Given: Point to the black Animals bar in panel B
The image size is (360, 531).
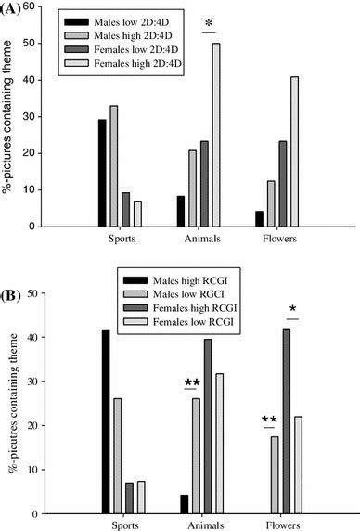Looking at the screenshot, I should (x=184, y=504).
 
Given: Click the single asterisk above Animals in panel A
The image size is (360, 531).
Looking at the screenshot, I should (x=209, y=20).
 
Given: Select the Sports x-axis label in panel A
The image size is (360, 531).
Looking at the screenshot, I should (x=121, y=239).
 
